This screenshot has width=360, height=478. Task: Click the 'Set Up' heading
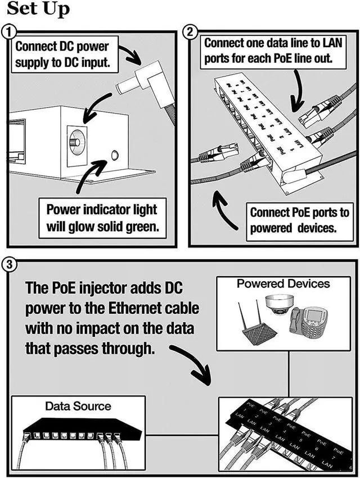point(38,10)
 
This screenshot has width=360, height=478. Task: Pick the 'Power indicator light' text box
point(101,218)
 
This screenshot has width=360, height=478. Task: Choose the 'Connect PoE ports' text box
point(299,220)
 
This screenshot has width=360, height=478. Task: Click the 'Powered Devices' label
point(283,283)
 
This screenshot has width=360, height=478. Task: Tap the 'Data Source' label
point(78,405)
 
